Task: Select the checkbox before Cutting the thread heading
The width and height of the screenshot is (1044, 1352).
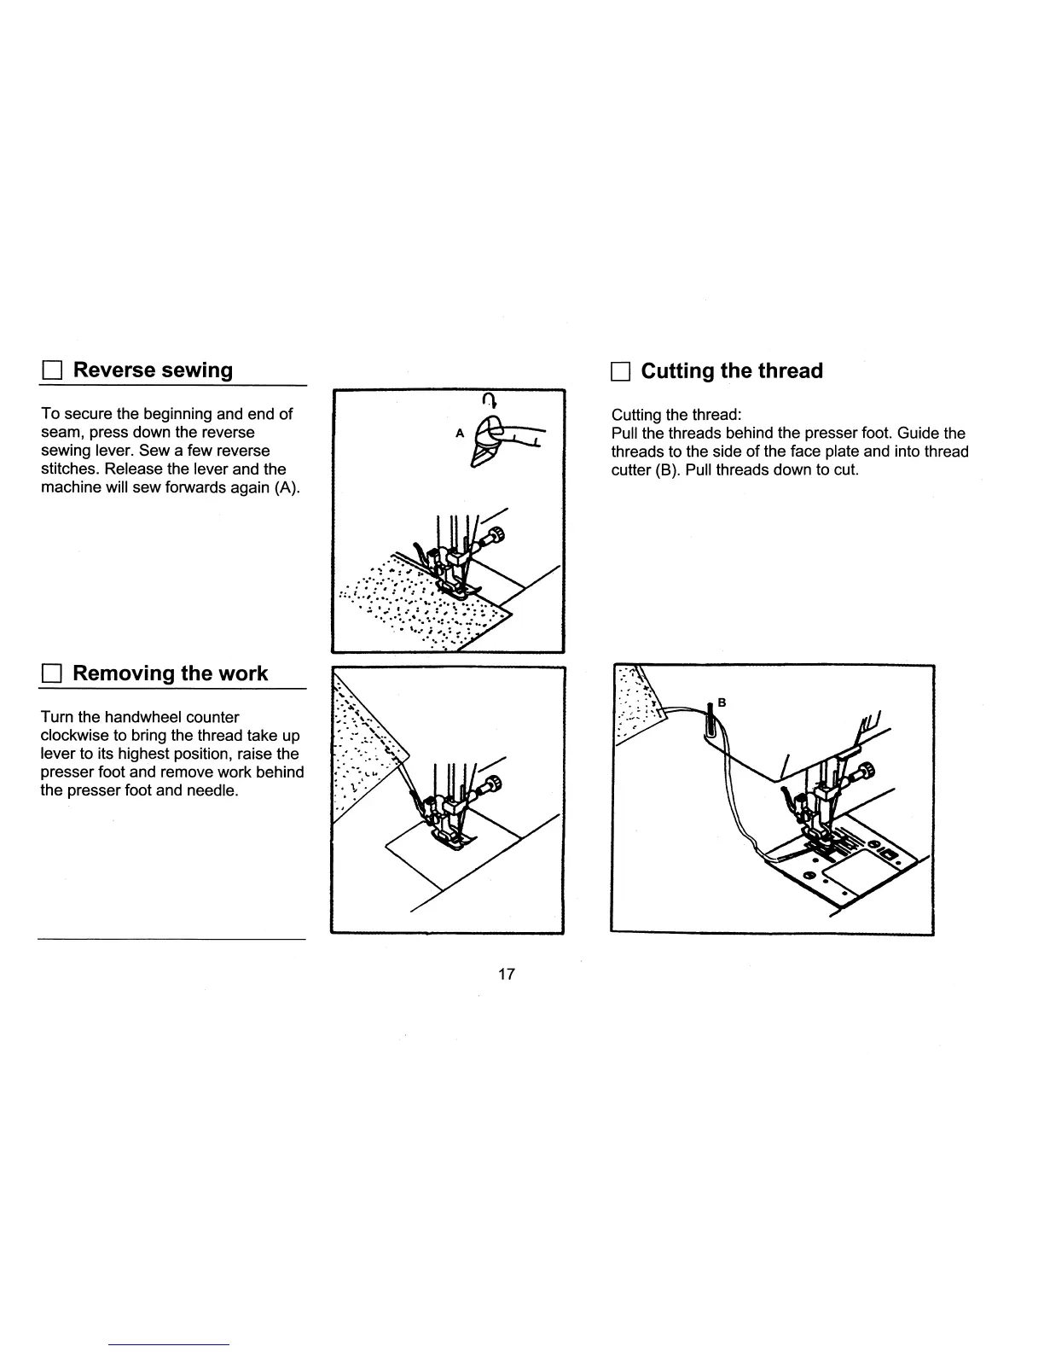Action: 619,372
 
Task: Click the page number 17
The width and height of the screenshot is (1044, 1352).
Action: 507,974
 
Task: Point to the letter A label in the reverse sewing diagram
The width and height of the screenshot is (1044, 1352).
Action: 459,433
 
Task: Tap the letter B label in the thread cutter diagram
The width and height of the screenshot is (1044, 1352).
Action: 722,702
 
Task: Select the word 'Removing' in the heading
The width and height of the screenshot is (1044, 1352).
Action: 123,673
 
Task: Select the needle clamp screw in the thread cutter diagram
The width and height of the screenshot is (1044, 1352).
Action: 866,771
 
